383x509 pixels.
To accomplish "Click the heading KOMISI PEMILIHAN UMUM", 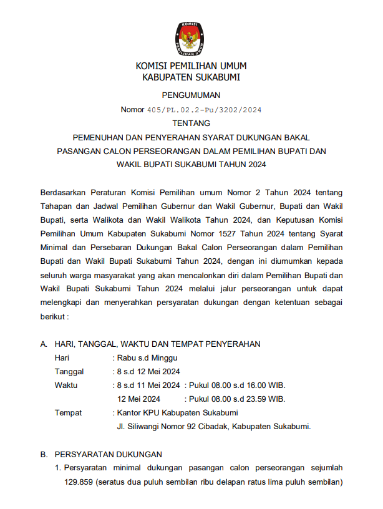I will point(191,65).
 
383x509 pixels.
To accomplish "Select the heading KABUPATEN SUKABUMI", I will point(191,77).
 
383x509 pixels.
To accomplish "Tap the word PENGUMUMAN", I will point(191,95).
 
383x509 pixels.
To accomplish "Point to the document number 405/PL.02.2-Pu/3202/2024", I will point(204,110).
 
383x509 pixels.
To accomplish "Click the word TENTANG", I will point(191,124).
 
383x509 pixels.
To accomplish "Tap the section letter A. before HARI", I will point(44,344).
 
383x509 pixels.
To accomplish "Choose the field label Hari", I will point(62,358).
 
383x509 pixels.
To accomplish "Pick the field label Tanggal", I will point(69,372).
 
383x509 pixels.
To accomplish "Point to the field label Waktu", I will point(66,385).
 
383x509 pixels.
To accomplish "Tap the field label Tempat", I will point(68,413).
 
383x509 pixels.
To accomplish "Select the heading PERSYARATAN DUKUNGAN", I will point(108,454).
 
